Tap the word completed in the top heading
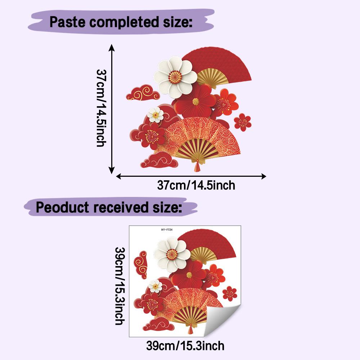click(x=124, y=22)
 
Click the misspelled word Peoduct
click(x=62, y=207)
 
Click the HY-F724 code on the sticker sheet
click(x=167, y=230)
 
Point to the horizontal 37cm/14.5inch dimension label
click(x=196, y=185)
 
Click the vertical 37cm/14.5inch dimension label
click(x=101, y=108)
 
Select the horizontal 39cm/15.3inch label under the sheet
click(x=185, y=346)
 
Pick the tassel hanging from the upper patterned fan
click(x=197, y=166)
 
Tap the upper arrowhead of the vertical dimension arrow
click(x=112, y=47)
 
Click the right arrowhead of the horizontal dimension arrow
click(x=264, y=176)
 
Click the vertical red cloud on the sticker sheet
click(x=140, y=265)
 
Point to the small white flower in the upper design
click(x=156, y=114)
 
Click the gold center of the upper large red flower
click(x=195, y=102)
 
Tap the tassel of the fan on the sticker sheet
click(x=190, y=329)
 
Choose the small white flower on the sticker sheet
click(x=156, y=286)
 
